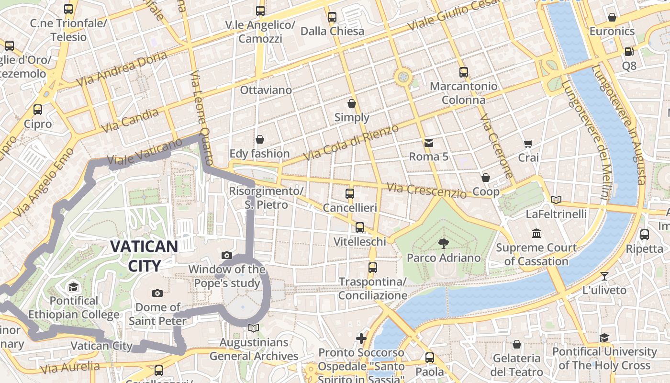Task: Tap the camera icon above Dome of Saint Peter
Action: click(157, 293)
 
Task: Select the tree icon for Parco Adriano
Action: click(444, 243)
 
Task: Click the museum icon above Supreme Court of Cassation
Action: click(536, 234)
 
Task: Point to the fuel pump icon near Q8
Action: click(629, 51)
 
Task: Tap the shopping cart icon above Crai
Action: click(528, 144)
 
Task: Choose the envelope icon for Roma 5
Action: click(428, 143)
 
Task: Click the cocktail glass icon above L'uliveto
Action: click(604, 276)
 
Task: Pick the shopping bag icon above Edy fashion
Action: click(259, 139)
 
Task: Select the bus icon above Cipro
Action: click(38, 110)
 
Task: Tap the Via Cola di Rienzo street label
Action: click(351, 142)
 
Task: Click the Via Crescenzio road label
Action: click(426, 191)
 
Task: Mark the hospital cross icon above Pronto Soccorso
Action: click(361, 338)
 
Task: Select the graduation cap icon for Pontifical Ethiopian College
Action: click(73, 287)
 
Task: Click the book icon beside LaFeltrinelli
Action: click(556, 200)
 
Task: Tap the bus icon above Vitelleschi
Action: click(359, 227)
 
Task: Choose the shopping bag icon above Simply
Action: click(352, 103)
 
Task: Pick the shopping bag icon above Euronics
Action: click(612, 18)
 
